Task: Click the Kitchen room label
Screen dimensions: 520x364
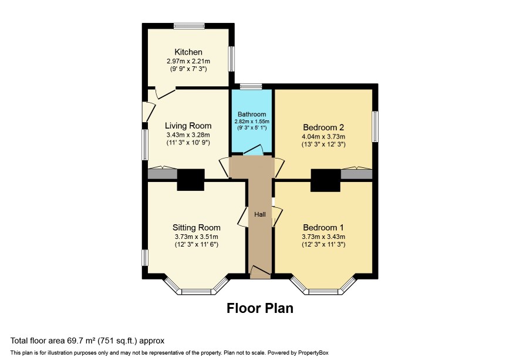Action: point(188,52)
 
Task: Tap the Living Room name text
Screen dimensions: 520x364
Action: point(188,126)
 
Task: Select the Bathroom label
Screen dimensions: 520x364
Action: point(252,114)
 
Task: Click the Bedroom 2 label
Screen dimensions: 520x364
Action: point(323,127)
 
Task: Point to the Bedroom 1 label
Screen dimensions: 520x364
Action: point(323,228)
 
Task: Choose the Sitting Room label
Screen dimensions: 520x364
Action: point(197,228)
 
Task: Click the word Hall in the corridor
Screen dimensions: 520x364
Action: point(260,215)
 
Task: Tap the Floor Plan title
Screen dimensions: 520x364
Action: point(260,308)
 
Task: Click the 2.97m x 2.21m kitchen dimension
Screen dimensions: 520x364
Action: point(188,62)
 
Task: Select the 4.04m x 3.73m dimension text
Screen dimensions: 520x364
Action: point(323,137)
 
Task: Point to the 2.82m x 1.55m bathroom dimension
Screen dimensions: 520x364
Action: point(252,122)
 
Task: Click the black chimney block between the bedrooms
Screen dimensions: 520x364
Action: point(325,180)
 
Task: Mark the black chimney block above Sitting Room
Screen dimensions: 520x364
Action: point(190,180)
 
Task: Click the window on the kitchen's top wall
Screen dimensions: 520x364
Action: point(190,26)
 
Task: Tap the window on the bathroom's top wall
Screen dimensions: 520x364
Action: point(251,87)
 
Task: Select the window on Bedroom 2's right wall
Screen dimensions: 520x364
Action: point(375,127)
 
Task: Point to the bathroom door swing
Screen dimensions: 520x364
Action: point(254,150)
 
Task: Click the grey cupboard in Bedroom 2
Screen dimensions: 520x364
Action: point(356,174)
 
